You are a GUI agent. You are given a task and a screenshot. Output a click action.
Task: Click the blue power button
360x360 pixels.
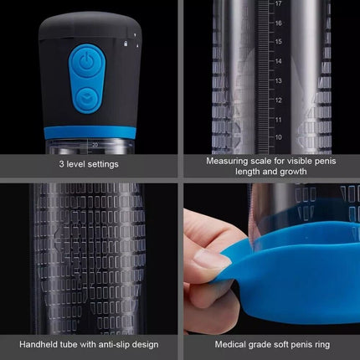point(87,62)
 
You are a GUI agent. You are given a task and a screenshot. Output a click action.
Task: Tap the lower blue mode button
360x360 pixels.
point(87,97)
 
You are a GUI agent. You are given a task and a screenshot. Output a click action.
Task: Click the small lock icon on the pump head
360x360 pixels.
point(126,44)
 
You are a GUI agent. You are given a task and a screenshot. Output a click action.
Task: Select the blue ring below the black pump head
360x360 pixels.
point(90,132)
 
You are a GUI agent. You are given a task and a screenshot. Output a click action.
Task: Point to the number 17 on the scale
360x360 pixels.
point(278,3)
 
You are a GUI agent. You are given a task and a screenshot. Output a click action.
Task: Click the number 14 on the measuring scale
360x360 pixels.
point(278,61)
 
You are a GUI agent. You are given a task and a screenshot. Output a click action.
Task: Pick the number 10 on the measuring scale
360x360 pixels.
point(278,137)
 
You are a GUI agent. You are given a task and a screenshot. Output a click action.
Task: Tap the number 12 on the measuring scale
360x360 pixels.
point(278,100)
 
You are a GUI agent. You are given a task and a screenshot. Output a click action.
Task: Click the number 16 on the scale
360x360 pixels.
point(278,23)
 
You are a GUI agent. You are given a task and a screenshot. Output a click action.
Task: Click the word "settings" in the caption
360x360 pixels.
point(102,164)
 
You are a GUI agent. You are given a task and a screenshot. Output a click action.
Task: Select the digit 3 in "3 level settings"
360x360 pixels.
point(61,164)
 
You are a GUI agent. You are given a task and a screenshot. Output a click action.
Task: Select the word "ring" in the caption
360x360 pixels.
point(322,345)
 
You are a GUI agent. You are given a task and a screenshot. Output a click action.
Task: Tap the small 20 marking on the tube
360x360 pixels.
point(95,145)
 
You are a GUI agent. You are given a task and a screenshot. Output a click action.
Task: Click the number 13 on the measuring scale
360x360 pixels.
point(278,80)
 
